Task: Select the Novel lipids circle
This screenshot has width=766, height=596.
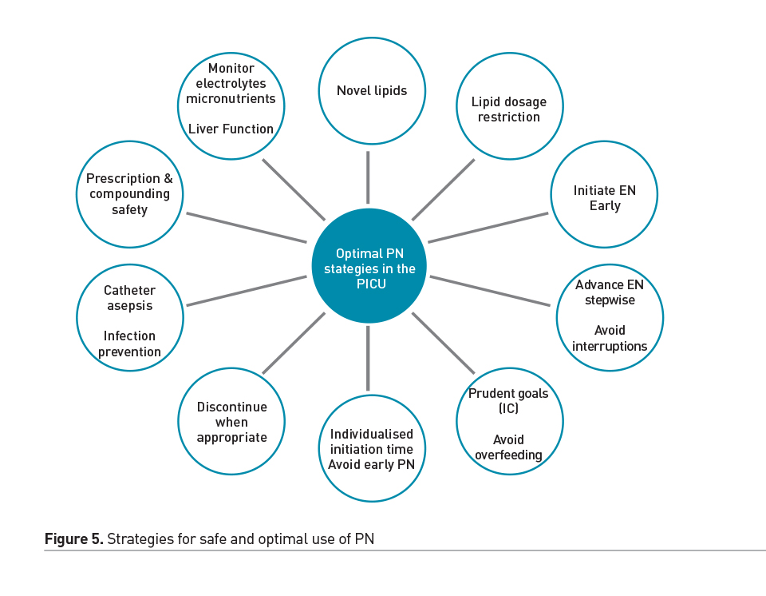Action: point(371,90)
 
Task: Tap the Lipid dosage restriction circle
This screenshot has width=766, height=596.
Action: point(509,109)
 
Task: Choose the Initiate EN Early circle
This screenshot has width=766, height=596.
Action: point(604,198)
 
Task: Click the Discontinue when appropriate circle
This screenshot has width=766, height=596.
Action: point(231,422)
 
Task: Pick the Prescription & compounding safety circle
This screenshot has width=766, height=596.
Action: point(129,194)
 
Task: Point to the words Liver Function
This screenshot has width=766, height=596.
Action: point(231,129)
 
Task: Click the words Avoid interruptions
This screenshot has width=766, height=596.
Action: point(610,338)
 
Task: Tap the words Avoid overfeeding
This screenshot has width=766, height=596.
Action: point(509,447)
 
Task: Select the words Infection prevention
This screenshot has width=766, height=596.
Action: point(129,344)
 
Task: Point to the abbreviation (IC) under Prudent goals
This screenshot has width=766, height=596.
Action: point(508,409)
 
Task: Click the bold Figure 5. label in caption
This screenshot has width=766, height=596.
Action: point(73,539)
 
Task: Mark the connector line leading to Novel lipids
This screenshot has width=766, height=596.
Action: point(368,177)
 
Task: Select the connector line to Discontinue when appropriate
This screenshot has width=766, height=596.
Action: point(294,343)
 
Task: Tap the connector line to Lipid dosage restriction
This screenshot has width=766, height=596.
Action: point(443,189)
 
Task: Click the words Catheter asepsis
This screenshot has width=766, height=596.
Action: point(129,298)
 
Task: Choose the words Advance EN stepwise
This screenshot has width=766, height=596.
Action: point(610,292)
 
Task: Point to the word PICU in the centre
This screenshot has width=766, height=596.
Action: point(369,284)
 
